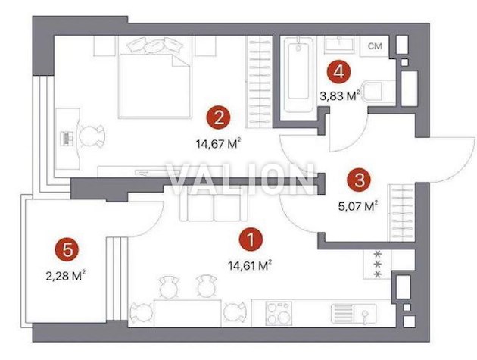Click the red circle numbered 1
click(x=251, y=239)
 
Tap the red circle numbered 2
click(x=219, y=117)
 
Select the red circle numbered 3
click(x=360, y=180)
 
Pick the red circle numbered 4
click(x=338, y=72)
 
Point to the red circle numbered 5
click(x=67, y=250)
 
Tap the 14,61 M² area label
click(x=250, y=265)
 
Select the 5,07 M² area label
click(x=358, y=206)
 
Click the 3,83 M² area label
click(x=340, y=96)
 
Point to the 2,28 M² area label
click(x=65, y=276)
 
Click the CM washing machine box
click(x=375, y=46)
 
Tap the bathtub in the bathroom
click(x=298, y=75)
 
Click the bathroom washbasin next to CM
click(x=339, y=45)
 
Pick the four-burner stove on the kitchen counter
click(x=279, y=314)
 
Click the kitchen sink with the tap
click(x=354, y=314)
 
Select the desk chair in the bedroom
click(x=92, y=136)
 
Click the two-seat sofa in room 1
click(x=214, y=208)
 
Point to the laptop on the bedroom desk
click(x=67, y=139)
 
